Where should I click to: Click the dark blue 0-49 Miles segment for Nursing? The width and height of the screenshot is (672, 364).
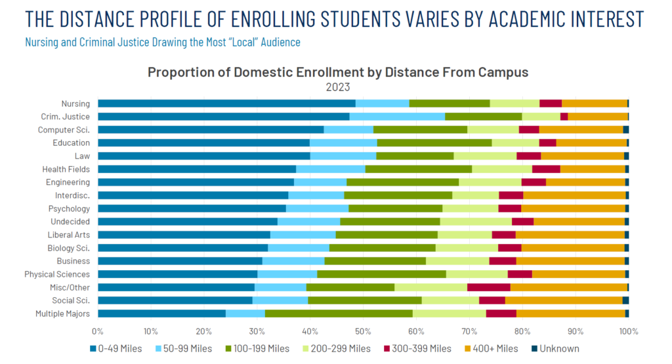tap(226, 103)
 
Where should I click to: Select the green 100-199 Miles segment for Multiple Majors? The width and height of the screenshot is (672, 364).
tap(339, 313)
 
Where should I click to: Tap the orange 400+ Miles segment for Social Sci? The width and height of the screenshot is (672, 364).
tap(564, 300)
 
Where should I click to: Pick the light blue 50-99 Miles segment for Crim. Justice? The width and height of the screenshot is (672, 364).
tap(397, 117)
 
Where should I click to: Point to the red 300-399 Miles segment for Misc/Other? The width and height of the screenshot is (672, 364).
tap(488, 287)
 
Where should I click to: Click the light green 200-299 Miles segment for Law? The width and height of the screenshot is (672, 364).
tap(485, 156)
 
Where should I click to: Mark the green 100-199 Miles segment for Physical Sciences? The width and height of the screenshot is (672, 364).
tap(382, 274)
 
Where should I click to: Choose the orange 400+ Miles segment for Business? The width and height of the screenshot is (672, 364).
tap(570, 261)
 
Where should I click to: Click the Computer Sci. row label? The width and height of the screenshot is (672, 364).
tap(64, 130)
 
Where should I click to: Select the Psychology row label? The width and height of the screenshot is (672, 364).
tap(69, 209)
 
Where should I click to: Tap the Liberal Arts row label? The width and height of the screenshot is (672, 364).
tap(68, 235)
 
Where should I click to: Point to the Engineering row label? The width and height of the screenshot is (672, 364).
tap(68, 182)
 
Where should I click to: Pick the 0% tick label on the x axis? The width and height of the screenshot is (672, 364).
tap(98, 331)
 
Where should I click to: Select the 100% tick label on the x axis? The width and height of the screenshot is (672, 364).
tap(629, 331)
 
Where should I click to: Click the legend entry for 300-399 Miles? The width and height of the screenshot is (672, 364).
tap(417, 348)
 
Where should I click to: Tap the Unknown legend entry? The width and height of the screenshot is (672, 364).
tap(555, 348)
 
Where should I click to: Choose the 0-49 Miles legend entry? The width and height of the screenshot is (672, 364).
tap(115, 348)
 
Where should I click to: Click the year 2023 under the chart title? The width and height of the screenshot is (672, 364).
tap(338, 87)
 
